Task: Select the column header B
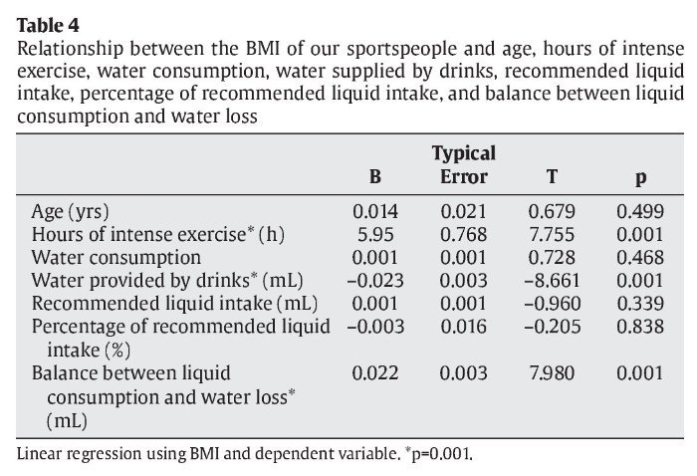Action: click(x=375, y=178)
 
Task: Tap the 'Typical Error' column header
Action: click(x=463, y=165)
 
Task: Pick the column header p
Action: click(x=641, y=179)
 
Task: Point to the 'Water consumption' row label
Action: click(x=116, y=258)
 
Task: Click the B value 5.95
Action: click(x=375, y=235)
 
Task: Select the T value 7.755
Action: click(x=551, y=235)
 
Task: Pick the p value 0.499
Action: click(x=640, y=212)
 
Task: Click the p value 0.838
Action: click(x=640, y=327)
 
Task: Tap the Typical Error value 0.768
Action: click(x=463, y=235)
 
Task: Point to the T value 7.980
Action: click(x=551, y=373)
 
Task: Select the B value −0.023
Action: click(x=373, y=281)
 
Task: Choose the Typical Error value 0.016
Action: click(x=463, y=327)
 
